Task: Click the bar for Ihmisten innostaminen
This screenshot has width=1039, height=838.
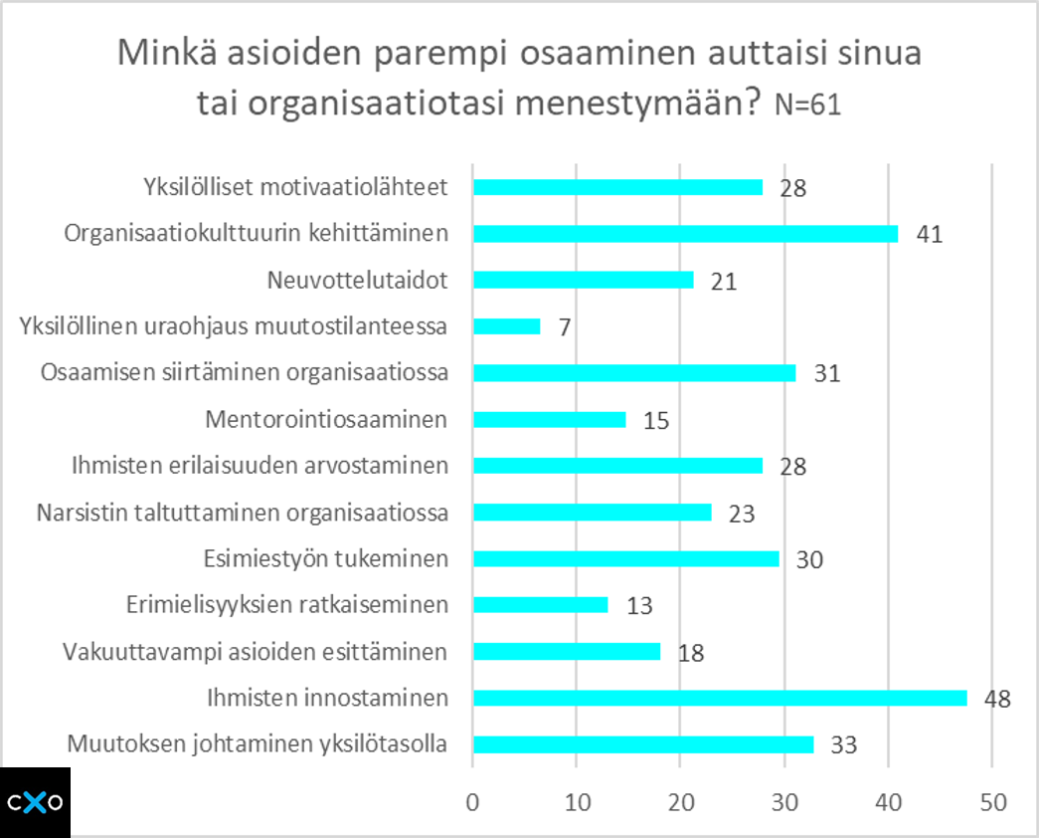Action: [x=720, y=698]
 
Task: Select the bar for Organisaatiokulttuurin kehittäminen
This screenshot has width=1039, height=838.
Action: [x=685, y=234]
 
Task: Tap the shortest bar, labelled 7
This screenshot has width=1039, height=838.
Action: [x=507, y=326]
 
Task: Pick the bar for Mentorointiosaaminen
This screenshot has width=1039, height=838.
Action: [x=550, y=420]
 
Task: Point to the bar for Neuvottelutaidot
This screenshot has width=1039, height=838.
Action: [x=583, y=281]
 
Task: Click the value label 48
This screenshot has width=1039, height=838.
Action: [x=997, y=699]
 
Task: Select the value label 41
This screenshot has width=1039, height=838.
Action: [x=929, y=235]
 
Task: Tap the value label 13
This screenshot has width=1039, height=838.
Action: [x=638, y=606]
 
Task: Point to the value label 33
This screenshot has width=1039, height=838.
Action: [x=843, y=745]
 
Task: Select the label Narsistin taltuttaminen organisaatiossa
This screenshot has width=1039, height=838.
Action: [x=243, y=513]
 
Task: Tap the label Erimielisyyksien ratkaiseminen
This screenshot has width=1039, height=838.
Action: [x=287, y=605]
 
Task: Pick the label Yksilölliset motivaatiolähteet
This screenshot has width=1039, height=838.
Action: [x=295, y=187]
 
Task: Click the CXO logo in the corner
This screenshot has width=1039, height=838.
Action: [x=36, y=802]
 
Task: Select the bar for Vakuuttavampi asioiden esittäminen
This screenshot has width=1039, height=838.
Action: [x=567, y=652]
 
